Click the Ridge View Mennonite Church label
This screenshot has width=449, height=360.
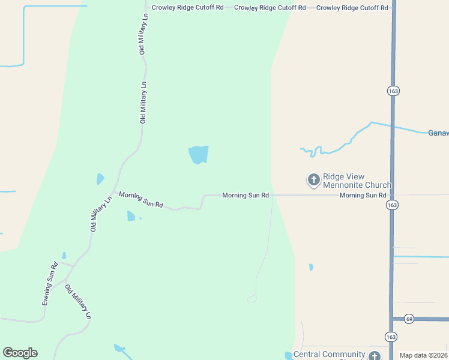click(x=357, y=181)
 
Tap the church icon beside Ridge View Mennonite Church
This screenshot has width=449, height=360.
click(x=313, y=179)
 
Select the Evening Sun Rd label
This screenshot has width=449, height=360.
click(x=49, y=284)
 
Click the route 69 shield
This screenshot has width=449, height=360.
click(x=409, y=319)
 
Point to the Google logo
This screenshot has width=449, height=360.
click(x=20, y=353)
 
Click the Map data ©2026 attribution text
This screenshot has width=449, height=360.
click(x=423, y=355)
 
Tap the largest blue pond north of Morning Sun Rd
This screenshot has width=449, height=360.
click(x=198, y=154)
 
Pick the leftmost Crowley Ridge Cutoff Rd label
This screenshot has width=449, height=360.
click(x=187, y=7)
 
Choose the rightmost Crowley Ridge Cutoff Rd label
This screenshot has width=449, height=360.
click(x=352, y=7)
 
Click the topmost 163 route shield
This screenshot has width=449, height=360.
click(x=393, y=91)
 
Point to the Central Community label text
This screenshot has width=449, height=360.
click(x=329, y=355)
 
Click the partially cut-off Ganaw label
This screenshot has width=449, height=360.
click(x=438, y=133)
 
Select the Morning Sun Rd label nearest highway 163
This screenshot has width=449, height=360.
click(x=363, y=196)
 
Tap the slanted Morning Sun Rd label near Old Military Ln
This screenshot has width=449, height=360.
click(x=141, y=199)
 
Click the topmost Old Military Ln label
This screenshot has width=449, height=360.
click(x=143, y=34)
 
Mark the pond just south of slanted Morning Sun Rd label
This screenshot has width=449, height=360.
click(x=131, y=216)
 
